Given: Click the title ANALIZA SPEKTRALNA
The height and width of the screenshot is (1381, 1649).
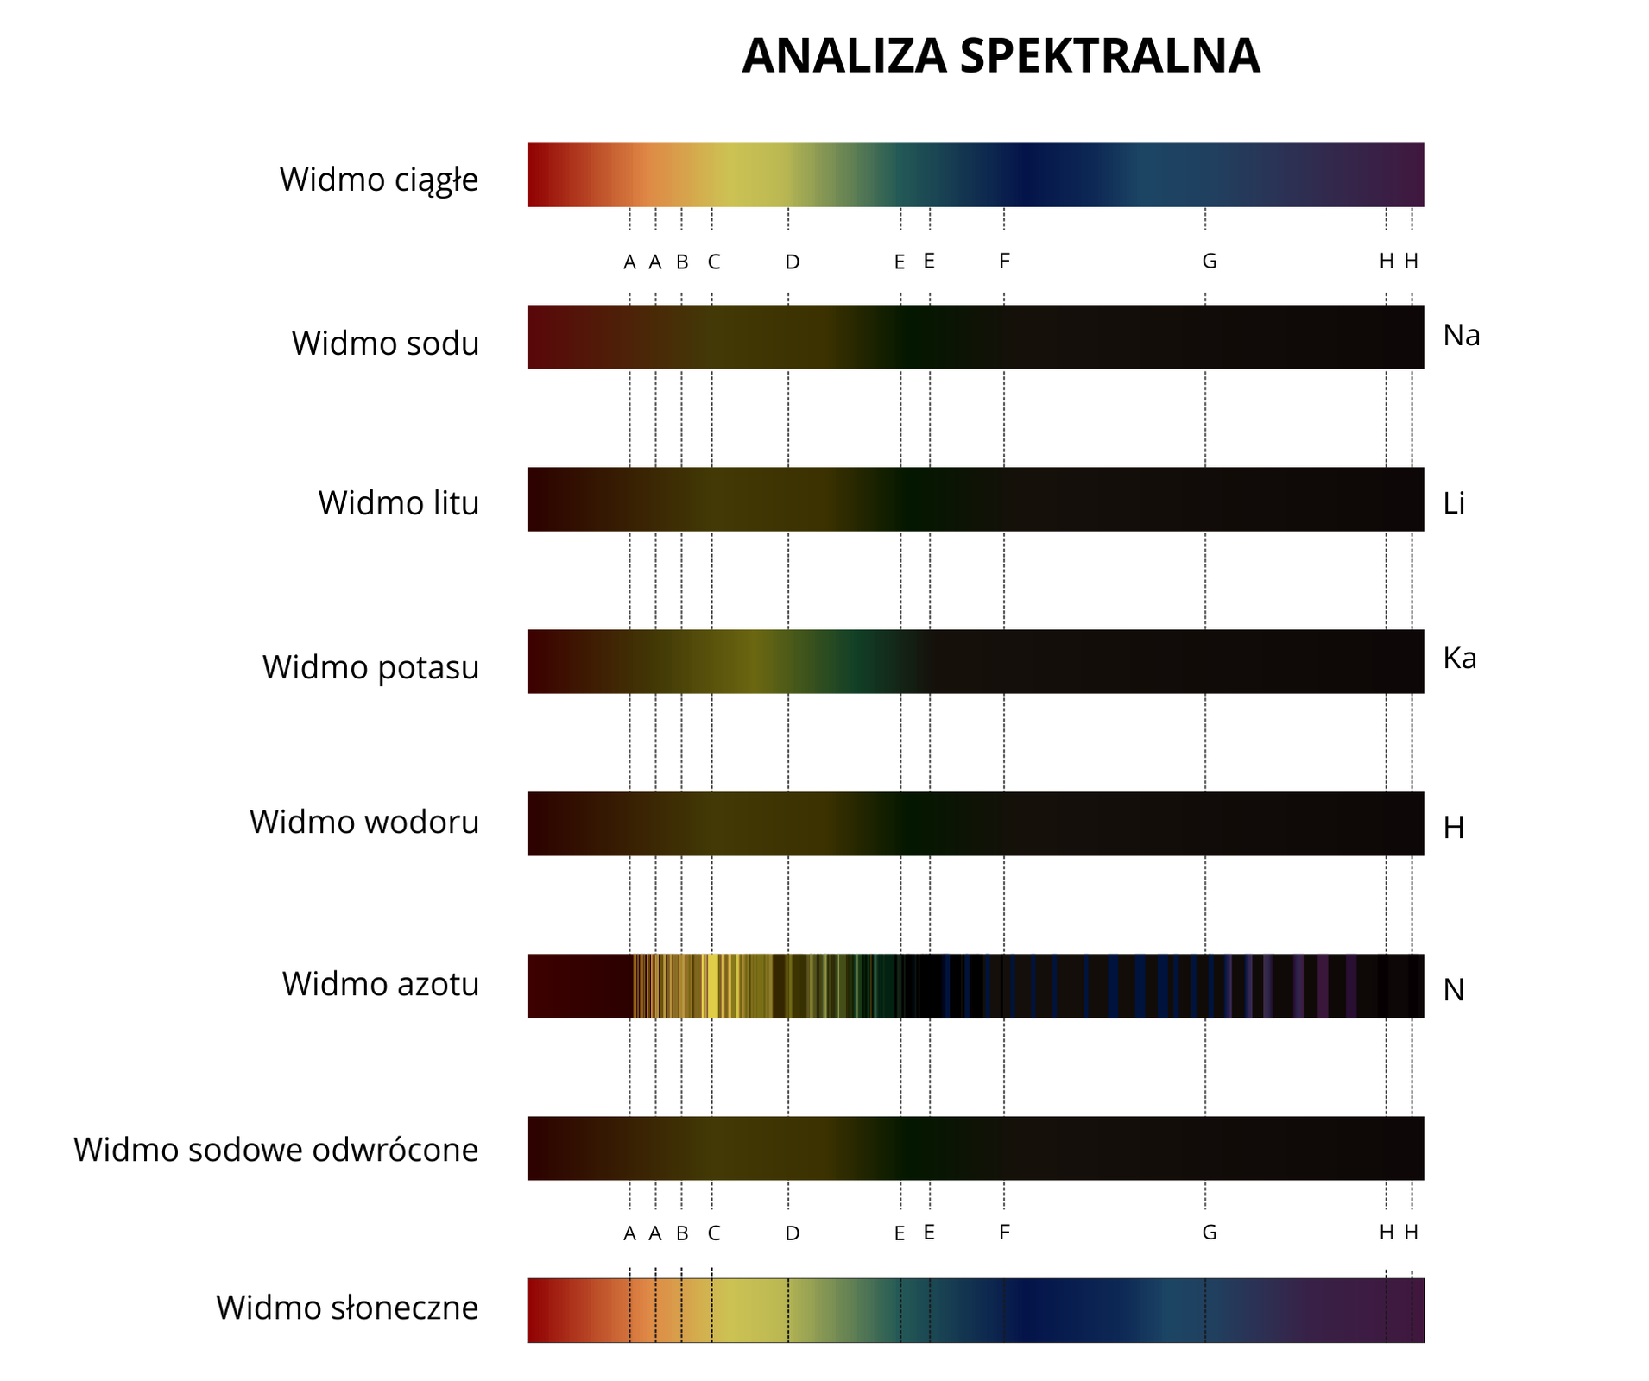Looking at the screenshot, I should [1001, 56].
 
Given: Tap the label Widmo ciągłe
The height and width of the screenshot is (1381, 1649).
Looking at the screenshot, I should [379, 180].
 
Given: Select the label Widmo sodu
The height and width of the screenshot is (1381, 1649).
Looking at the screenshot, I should [385, 344].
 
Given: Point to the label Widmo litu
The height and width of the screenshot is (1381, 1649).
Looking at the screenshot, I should [398, 503].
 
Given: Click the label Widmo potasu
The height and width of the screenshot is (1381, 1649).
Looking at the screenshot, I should [370, 667].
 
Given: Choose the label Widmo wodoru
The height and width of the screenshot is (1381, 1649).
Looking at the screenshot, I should [364, 822].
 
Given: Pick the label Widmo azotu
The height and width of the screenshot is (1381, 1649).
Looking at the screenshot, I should [380, 984].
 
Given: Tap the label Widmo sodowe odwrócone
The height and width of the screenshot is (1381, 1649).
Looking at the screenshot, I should [276, 1150].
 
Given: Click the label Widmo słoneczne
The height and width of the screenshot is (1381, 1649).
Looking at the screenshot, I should [347, 1308].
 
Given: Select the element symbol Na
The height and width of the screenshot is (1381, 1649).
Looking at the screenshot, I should [1461, 335].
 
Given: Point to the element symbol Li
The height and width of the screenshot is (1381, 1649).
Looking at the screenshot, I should [1454, 503].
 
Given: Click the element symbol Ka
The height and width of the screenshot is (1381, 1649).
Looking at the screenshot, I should [1459, 659].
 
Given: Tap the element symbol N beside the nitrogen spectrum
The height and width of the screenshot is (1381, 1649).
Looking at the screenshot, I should [1454, 990].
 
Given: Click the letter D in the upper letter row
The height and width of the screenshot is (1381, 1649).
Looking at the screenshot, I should [793, 262].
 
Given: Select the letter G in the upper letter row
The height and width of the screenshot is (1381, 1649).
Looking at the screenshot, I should [1210, 261].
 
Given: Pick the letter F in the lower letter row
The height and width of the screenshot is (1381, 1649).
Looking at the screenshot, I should [1004, 1232].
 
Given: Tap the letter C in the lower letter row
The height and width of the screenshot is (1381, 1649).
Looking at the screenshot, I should [714, 1233].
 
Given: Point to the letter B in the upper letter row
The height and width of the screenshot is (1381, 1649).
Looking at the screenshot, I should [682, 262].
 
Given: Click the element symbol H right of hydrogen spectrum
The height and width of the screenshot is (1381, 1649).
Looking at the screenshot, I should [1454, 828].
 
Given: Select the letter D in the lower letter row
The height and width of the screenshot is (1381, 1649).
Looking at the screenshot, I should [793, 1233].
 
